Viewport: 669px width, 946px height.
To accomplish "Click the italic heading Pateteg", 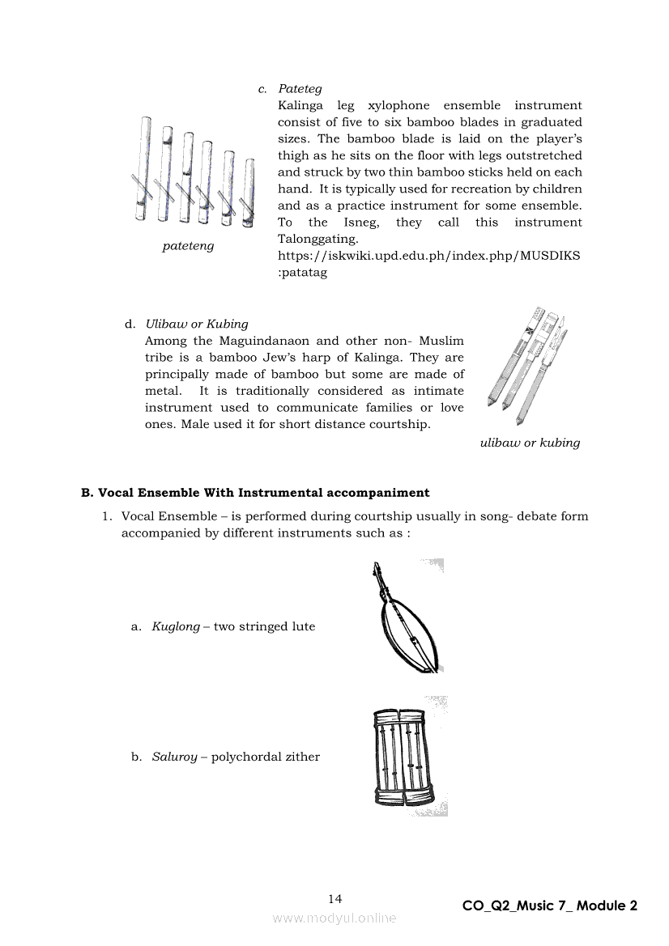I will [x=300, y=89].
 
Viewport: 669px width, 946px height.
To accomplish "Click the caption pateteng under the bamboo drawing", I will [x=188, y=246].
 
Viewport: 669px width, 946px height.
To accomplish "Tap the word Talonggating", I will [x=317, y=240].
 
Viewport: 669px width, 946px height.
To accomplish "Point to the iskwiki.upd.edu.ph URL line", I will [x=429, y=256].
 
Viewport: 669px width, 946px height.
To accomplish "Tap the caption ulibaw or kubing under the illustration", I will [x=530, y=443].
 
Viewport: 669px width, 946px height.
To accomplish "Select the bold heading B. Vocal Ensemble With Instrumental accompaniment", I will [x=255, y=493].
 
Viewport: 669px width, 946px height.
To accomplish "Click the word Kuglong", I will [x=176, y=627].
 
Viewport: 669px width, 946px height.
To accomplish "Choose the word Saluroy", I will [x=175, y=757].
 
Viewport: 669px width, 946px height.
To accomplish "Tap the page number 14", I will [x=335, y=899].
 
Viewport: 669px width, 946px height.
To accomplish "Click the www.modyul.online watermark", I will [x=334, y=918].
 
